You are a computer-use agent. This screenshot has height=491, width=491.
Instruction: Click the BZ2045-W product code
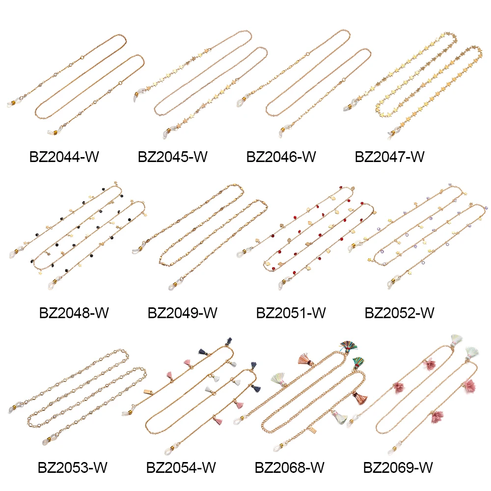pyautogui.click(x=172, y=157)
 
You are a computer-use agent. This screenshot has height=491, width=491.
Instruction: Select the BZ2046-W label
pyautogui.click(x=281, y=157)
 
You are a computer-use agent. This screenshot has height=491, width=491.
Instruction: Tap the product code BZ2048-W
pyautogui.click(x=74, y=313)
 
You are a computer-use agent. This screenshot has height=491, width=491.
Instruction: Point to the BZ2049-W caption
pyautogui.click(x=182, y=313)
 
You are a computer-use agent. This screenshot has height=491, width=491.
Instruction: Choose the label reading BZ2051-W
pyautogui.click(x=291, y=313)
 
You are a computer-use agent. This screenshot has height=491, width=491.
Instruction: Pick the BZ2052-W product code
pyautogui.click(x=399, y=313)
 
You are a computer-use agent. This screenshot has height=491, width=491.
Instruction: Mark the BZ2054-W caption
pyautogui.click(x=181, y=467)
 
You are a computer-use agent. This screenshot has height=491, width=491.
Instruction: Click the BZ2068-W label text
pyautogui.click(x=289, y=467)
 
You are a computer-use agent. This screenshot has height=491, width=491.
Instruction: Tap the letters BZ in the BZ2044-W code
pyautogui.click(x=37, y=157)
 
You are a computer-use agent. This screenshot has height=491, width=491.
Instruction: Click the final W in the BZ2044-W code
pyautogui.click(x=93, y=157)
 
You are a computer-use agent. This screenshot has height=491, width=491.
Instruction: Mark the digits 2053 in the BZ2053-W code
pyautogui.click(x=74, y=467)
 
